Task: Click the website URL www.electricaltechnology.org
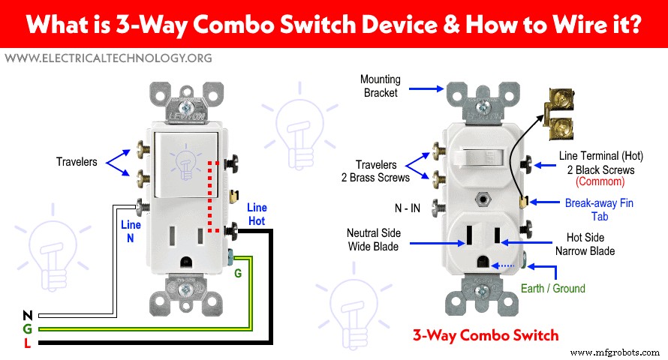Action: pyautogui.click(x=107, y=58)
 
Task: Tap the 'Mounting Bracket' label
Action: pyautogui.click(x=381, y=85)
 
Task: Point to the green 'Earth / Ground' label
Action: pyautogui.click(x=552, y=288)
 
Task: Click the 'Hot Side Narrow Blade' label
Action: pyautogui.click(x=590, y=244)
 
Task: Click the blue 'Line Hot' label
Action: pyautogui.click(x=257, y=214)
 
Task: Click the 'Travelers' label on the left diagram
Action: pyautogui.click(x=77, y=161)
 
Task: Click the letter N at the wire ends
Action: pyautogui.click(x=27, y=315)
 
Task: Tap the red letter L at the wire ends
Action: pyautogui.click(x=27, y=343)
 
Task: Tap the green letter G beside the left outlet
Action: pyautogui.click(x=238, y=274)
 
